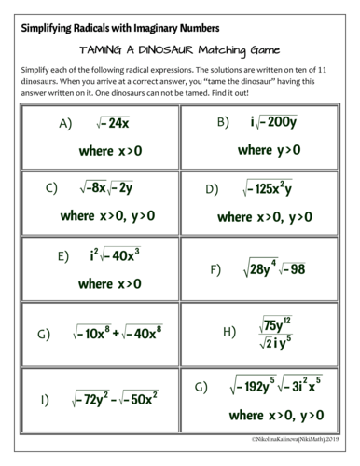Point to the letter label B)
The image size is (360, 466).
(223, 122)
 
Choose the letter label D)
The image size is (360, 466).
(212, 189)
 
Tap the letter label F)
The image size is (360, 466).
(215, 269)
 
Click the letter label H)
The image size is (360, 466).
(229, 331)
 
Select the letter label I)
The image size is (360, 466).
(44, 400)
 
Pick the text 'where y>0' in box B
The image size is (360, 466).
(269, 149)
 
